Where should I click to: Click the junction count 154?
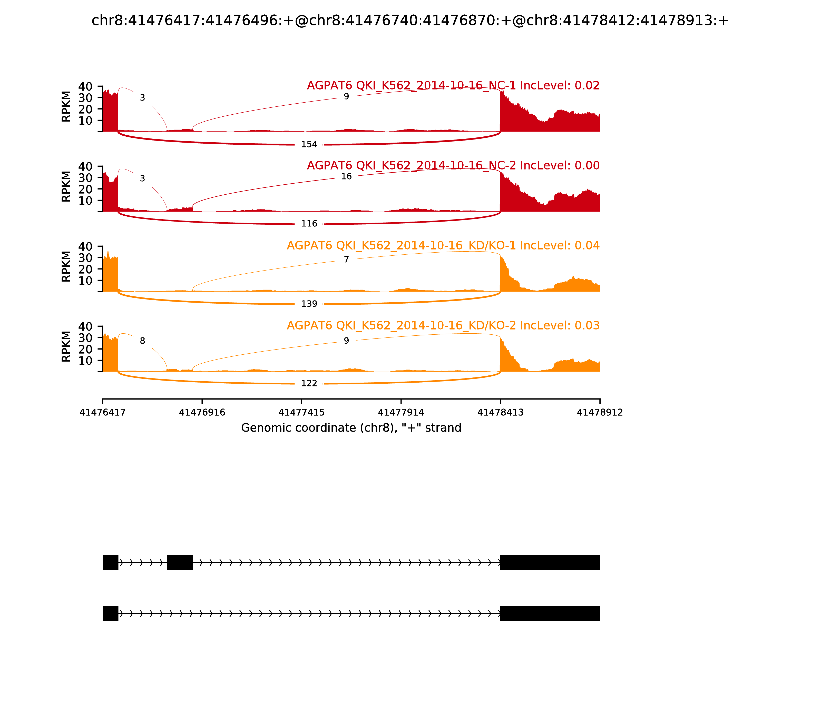click(x=309, y=144)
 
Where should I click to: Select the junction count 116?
click(x=309, y=224)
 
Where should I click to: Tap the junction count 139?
click(x=309, y=304)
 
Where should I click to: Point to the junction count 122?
click(x=309, y=383)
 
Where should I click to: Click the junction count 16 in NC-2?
click(x=346, y=177)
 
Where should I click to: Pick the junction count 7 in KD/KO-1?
click(x=346, y=260)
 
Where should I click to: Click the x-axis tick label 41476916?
click(x=202, y=413)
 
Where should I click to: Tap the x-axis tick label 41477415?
click(x=301, y=413)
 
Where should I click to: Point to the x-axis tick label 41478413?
click(x=500, y=413)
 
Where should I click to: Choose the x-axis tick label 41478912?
click(x=600, y=413)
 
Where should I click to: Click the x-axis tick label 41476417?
click(x=103, y=413)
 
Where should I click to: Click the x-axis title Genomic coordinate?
click(x=351, y=428)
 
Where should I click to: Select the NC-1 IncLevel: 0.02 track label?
click(x=453, y=86)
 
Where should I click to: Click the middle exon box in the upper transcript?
click(x=180, y=563)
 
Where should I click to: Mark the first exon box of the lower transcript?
click(x=110, y=613)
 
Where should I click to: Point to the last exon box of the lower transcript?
click(x=550, y=613)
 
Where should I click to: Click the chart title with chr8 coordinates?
click(x=410, y=21)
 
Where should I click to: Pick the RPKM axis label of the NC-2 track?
click(x=66, y=186)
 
